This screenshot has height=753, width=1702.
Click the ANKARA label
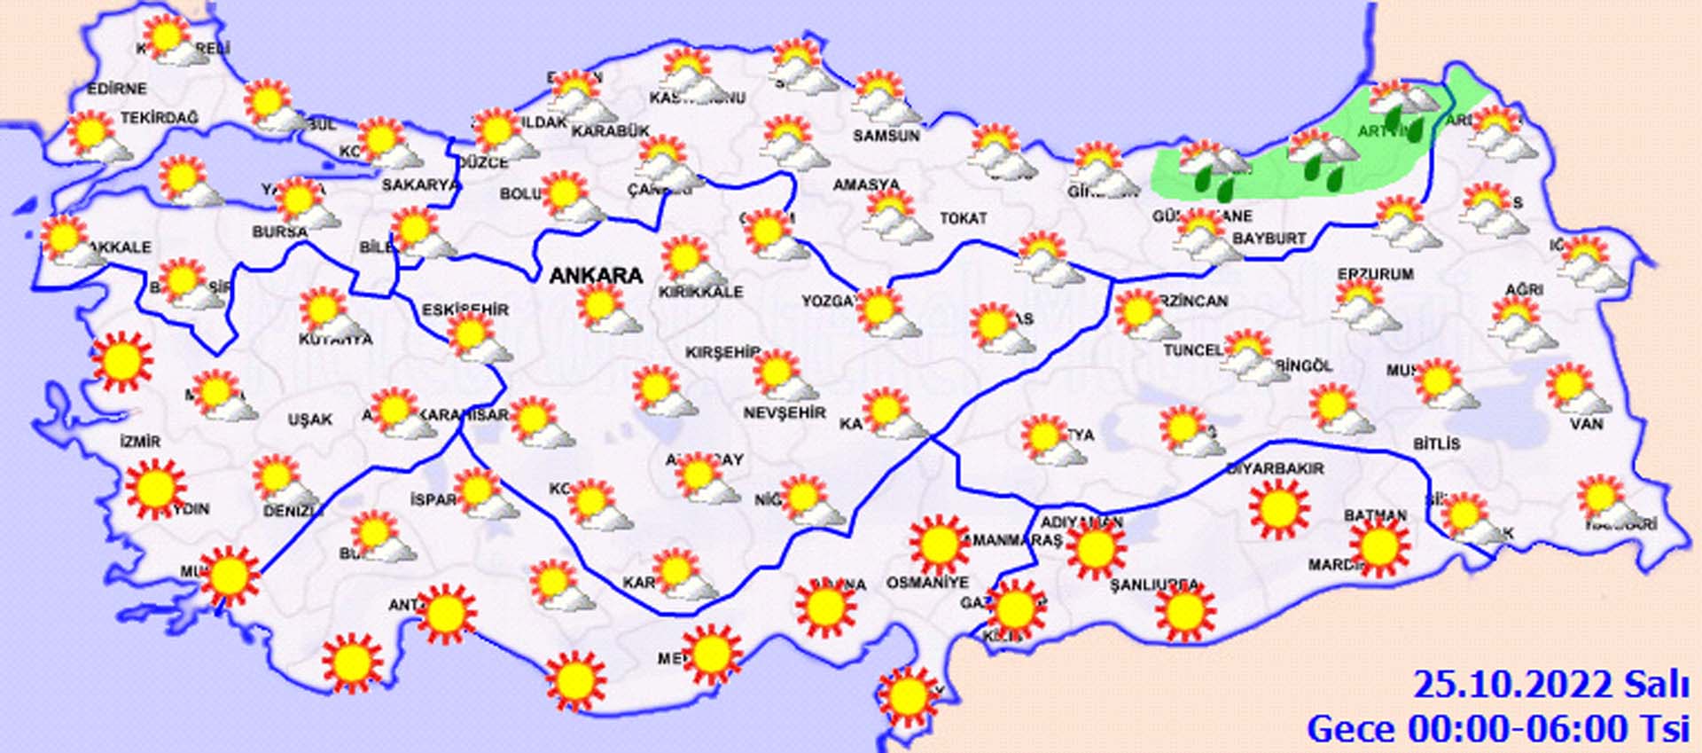pyautogui.click(x=596, y=276)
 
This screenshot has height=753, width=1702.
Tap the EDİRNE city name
pyautogui.click(x=116, y=89)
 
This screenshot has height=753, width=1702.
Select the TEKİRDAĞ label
pyautogui.click(x=160, y=118)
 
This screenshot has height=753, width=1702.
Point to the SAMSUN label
pyautogui.click(x=886, y=136)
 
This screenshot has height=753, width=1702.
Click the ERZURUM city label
pyautogui.click(x=1376, y=274)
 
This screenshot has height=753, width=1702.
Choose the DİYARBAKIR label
pyautogui.click(x=1275, y=468)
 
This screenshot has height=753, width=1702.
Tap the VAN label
pyautogui.click(x=1586, y=424)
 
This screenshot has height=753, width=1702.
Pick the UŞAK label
pyautogui.click(x=310, y=420)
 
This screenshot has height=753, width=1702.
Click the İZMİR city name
pyautogui.click(x=140, y=442)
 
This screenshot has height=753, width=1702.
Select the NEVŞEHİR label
pyautogui.click(x=785, y=413)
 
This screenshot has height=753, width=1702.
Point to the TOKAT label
pyautogui.click(x=964, y=217)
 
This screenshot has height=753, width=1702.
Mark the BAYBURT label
pyautogui.click(x=1269, y=239)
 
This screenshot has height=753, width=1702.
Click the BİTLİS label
pyautogui.click(x=1436, y=443)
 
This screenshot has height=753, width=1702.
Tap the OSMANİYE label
pyautogui.click(x=928, y=583)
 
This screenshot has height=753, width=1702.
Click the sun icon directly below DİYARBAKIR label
pyautogui.click(x=1278, y=509)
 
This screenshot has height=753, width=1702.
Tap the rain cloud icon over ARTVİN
pyautogui.click(x=1404, y=111)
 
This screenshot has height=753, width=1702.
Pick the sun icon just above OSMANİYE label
pyautogui.click(x=939, y=544)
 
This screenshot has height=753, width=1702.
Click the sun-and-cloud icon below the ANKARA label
pyautogui.click(x=608, y=311)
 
